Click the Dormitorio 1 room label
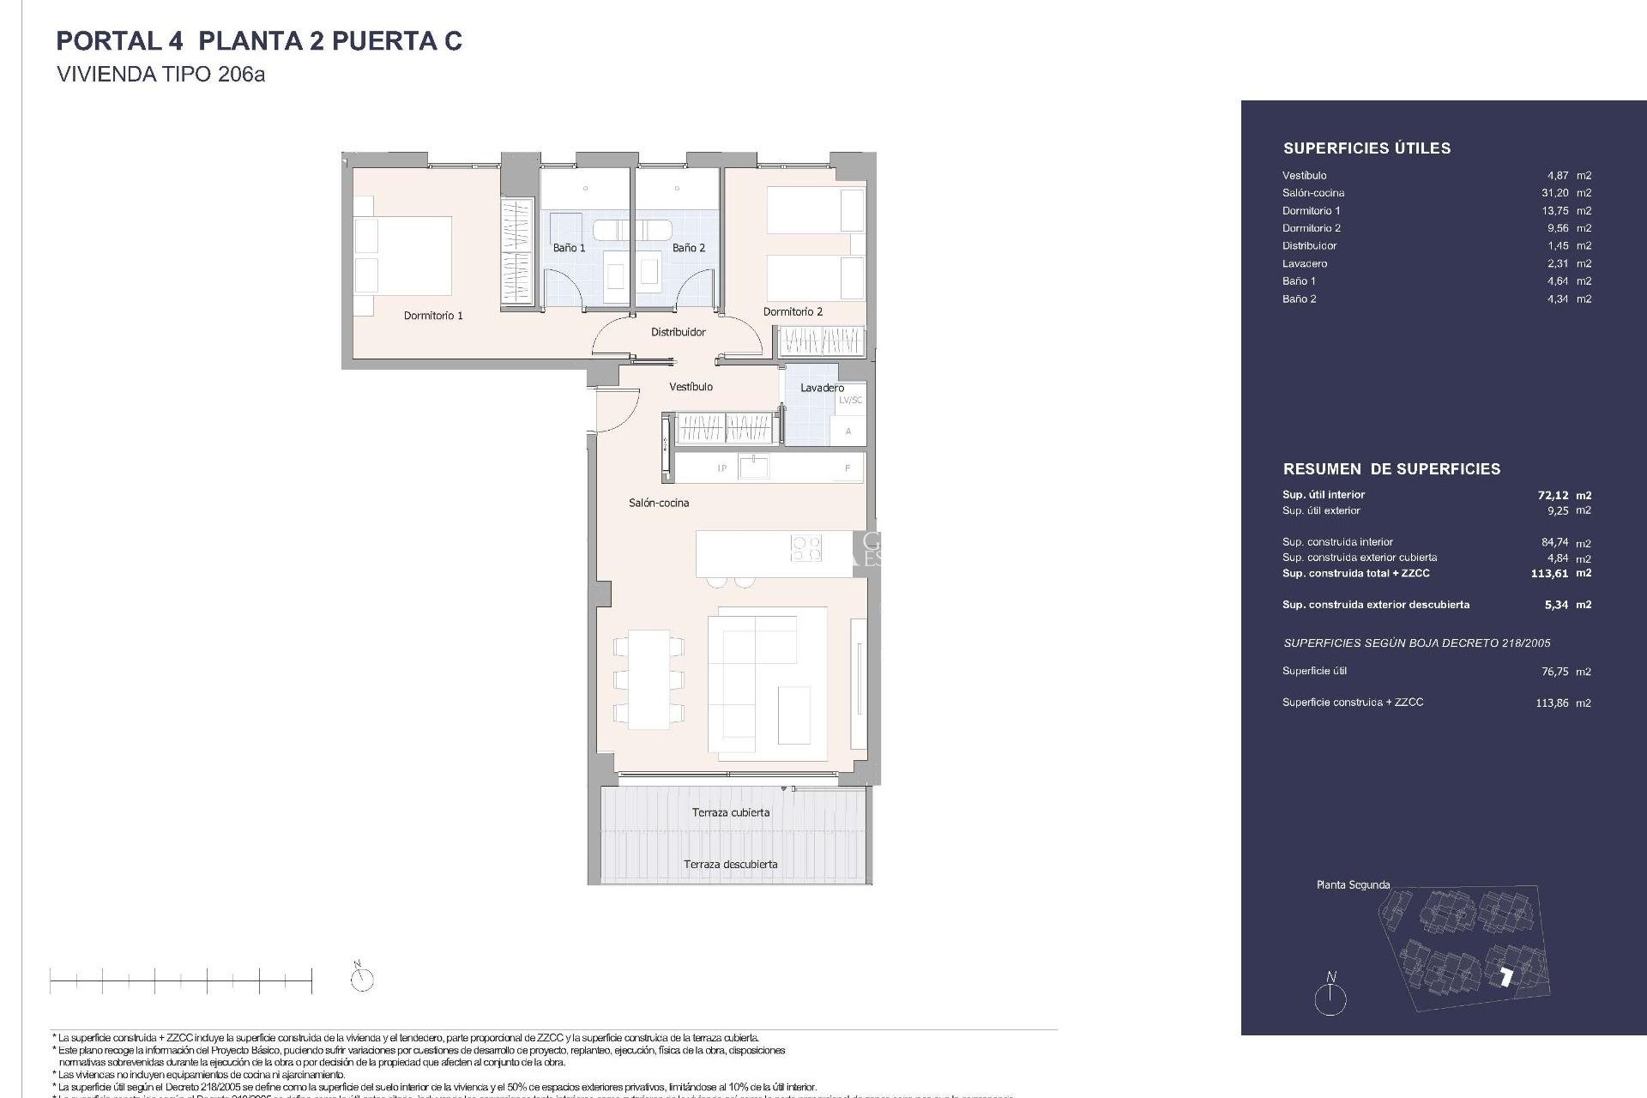433,316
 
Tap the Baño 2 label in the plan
689,248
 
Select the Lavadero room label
822,388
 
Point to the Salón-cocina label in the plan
659,503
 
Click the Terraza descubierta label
731,865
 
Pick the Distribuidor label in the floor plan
678,332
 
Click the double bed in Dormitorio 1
403,256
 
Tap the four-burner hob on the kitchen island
805,548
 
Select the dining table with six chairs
649,679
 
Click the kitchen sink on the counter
753,467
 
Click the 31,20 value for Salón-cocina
1555,193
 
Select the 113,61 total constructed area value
1549,574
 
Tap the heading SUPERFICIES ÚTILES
1366,148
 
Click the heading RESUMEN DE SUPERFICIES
1391,469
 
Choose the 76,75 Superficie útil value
1554,673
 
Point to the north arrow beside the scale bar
362,978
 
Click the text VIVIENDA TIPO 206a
160,75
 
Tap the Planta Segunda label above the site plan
1353,884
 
